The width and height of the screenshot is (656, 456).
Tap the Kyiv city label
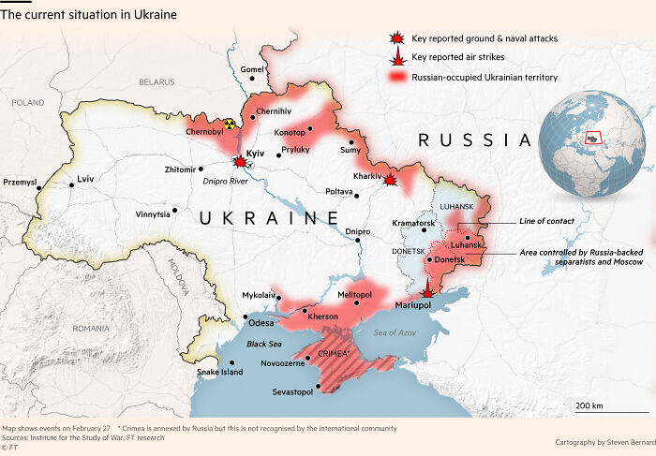point(255,153)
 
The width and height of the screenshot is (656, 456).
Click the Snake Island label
point(219,373)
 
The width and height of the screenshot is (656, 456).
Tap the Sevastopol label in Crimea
point(292,391)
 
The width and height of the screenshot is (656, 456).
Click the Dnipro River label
point(226,183)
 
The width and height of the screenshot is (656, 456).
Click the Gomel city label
point(252,69)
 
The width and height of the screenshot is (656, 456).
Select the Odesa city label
point(261,323)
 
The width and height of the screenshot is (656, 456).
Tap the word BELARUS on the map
point(157,82)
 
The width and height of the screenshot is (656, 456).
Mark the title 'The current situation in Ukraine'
point(89,15)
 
